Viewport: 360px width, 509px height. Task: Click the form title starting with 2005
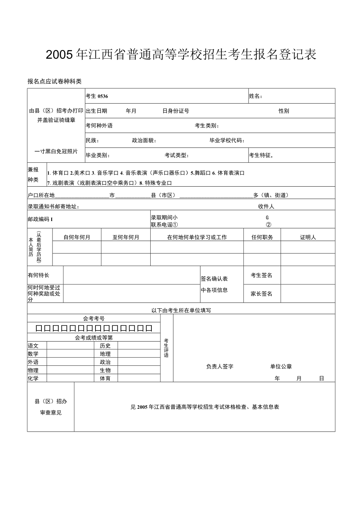click(181, 55)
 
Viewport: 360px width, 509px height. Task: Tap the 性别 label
click(284, 111)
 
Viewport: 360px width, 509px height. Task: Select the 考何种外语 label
click(99, 126)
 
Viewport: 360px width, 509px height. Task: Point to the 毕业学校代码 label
click(227, 140)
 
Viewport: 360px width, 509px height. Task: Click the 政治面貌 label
click(144, 140)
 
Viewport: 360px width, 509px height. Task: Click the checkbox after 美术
click(88, 173)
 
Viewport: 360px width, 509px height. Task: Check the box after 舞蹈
click(209, 173)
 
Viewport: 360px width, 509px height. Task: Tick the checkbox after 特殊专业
click(169, 183)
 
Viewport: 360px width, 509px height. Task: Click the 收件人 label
click(266, 206)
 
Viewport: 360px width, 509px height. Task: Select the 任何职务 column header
click(262, 237)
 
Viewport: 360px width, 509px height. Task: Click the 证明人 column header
click(308, 237)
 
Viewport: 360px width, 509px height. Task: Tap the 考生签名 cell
click(261, 275)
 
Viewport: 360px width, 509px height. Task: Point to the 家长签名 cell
click(261, 294)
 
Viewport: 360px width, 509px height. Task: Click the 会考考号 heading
click(94, 319)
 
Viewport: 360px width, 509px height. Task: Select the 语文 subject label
click(33, 346)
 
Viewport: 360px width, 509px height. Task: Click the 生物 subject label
click(105, 371)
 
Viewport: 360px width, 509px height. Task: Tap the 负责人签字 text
click(220, 367)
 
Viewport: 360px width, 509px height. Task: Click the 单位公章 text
click(281, 367)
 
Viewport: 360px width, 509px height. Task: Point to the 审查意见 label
click(51, 413)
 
